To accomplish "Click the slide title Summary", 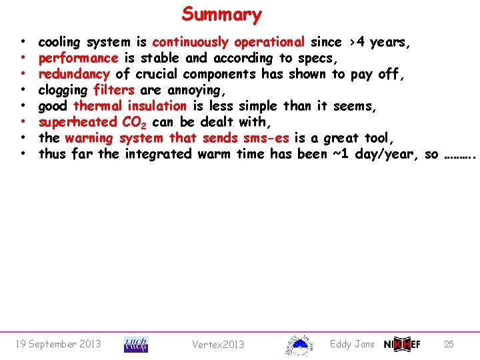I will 221,14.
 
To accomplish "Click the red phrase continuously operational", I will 229,42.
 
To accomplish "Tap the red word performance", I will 77,58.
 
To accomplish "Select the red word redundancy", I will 73,74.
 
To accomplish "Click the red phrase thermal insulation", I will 130,106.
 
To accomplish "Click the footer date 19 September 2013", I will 57,344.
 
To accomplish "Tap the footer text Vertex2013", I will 218,345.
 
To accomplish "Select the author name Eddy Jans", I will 352,344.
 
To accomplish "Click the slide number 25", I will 449,344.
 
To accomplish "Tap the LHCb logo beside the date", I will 136,344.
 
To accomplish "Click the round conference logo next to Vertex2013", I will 299,344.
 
